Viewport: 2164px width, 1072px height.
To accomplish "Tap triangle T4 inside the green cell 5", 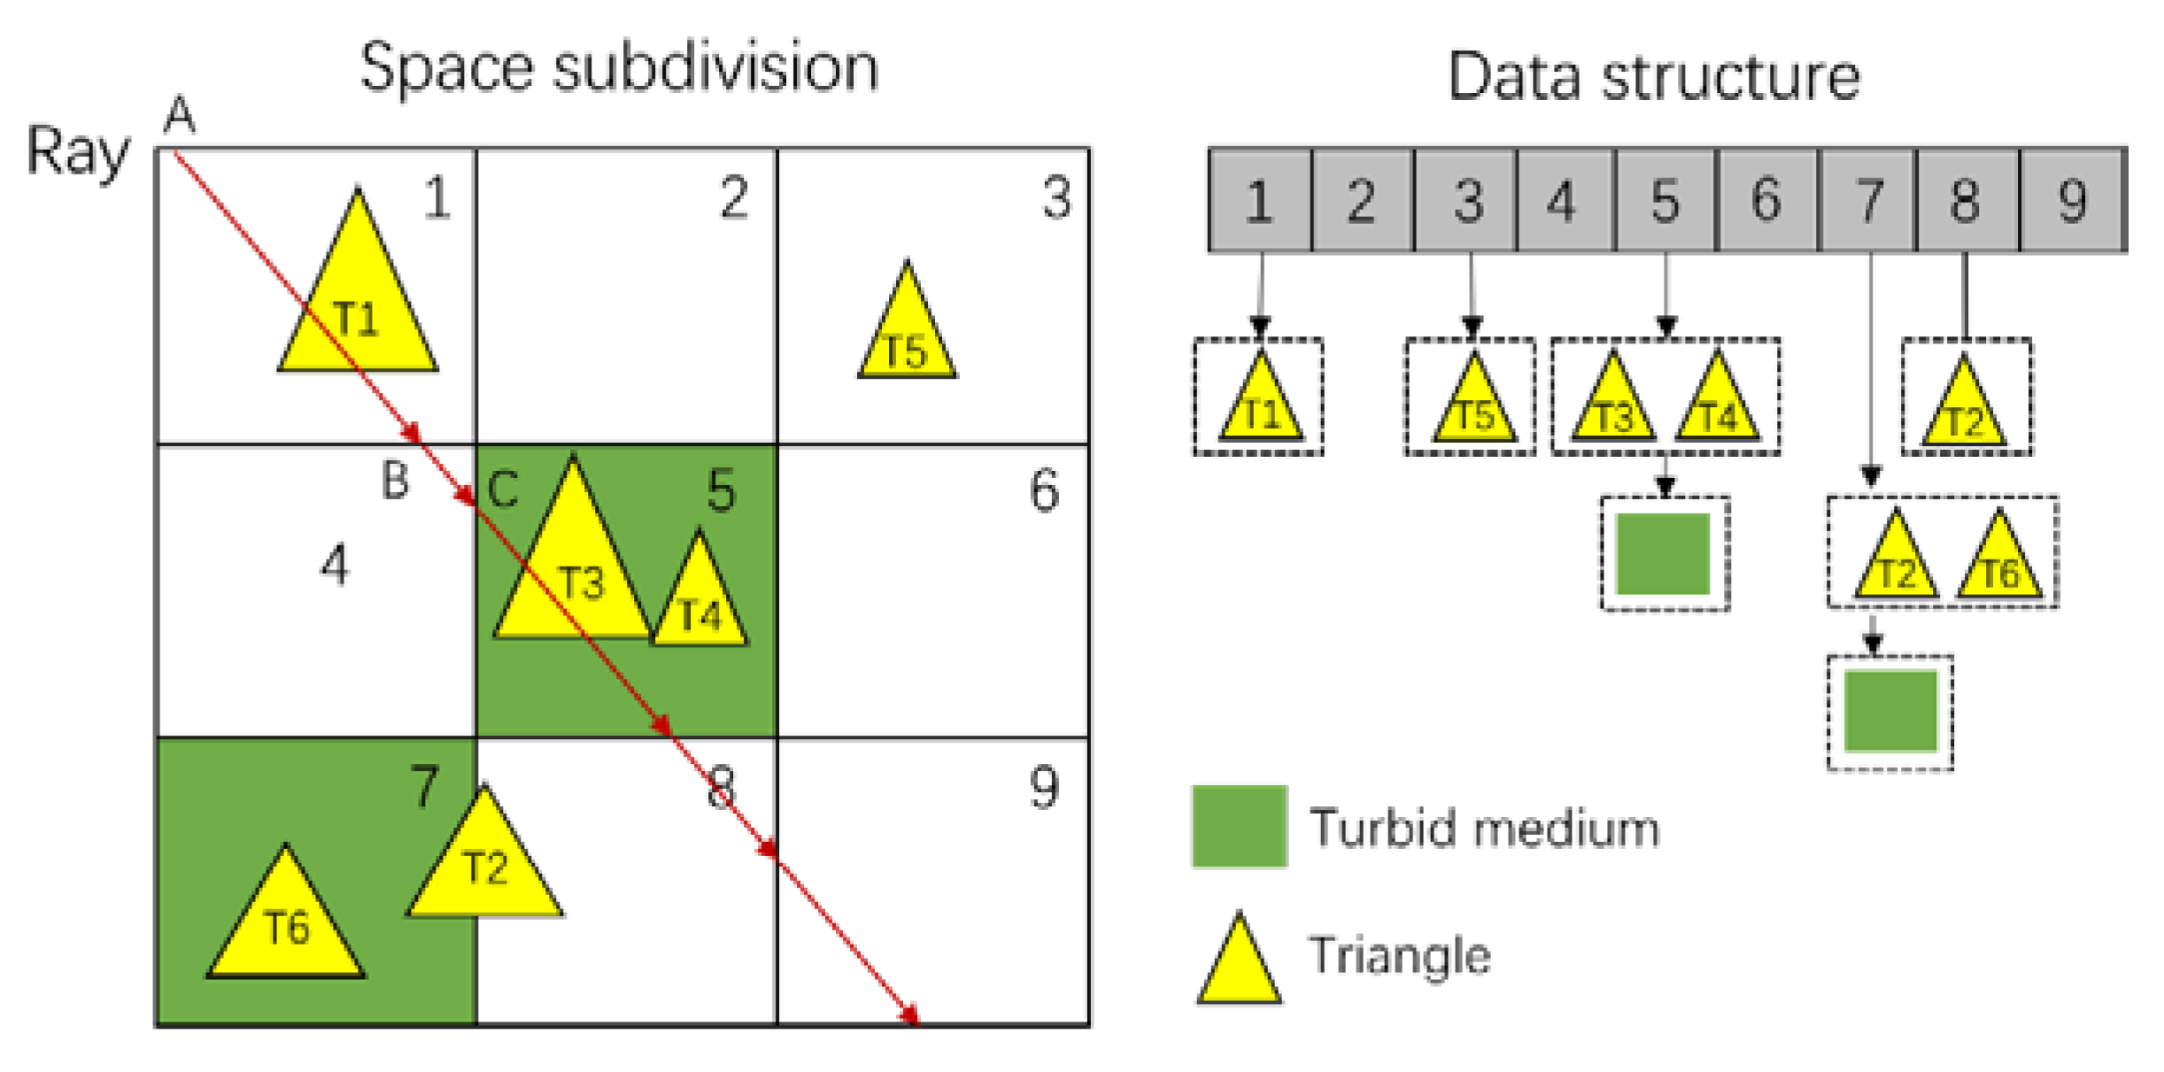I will [x=699, y=602].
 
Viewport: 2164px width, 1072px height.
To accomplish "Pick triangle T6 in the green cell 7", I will [x=286, y=925].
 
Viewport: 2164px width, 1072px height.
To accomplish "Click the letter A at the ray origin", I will [x=180, y=115].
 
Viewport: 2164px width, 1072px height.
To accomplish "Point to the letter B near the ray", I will [x=395, y=481].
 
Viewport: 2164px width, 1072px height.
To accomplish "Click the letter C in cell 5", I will [x=503, y=489].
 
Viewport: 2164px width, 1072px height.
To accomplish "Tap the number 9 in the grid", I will [x=1044, y=787].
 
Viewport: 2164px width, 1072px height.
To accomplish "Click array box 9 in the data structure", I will [x=2072, y=201].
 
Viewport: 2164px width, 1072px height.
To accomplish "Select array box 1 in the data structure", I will [x=1259, y=201].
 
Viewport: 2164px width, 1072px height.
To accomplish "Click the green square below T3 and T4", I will [x=1663, y=553].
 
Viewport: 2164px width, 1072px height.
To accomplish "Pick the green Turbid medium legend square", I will [x=1239, y=826].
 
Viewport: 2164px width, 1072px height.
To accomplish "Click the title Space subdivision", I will [x=619, y=67].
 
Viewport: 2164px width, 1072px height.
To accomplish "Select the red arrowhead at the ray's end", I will [x=910, y=1016].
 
